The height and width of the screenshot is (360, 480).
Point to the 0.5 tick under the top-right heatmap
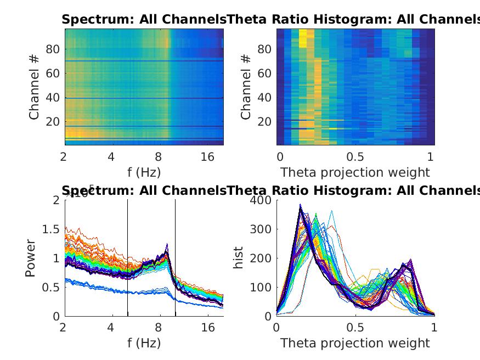[x=355, y=157]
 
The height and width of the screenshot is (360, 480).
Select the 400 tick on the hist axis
[x=261, y=200]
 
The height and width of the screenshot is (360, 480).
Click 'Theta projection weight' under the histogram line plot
[x=355, y=344]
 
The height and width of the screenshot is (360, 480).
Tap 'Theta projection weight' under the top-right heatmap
[x=355, y=172]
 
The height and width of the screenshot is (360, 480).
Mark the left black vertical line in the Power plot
[x=128, y=258]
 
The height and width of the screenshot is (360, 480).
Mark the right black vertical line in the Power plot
[x=176, y=258]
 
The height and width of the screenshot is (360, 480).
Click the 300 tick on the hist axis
[x=261, y=229]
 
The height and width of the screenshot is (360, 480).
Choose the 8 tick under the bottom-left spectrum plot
[x=159, y=328]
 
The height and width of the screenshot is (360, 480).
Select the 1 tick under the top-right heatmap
[x=430, y=157]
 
